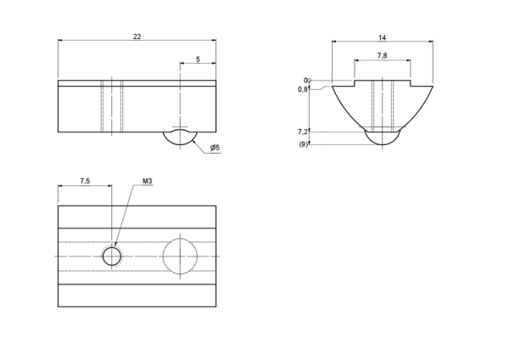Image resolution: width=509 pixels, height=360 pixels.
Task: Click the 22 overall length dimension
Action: click(137, 37)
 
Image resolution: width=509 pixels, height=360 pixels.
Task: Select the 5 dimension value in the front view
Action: click(198, 59)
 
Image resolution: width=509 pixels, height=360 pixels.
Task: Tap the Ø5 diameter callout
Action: click(215, 148)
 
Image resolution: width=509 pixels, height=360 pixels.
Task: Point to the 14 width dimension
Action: click(383, 37)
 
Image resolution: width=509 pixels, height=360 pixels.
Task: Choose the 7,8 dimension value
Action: click(382, 55)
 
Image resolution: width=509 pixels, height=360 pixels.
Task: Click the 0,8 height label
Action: click(303, 89)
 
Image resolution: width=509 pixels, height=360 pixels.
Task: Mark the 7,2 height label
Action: click(303, 132)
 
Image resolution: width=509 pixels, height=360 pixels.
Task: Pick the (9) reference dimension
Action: click(303, 144)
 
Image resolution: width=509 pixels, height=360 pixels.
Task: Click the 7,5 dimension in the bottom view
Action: click(85, 181)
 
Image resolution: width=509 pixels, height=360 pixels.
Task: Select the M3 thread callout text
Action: click(148, 181)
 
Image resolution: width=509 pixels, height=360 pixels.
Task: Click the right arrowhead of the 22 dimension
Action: click(214, 40)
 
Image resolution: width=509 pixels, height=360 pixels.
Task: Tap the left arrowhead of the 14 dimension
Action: click(334, 42)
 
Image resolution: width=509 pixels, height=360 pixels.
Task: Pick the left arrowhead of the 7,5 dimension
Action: click(60, 186)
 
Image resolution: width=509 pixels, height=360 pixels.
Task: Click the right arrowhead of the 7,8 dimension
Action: click(408, 60)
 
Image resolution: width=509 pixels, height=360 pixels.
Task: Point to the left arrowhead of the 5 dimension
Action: click(182, 64)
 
